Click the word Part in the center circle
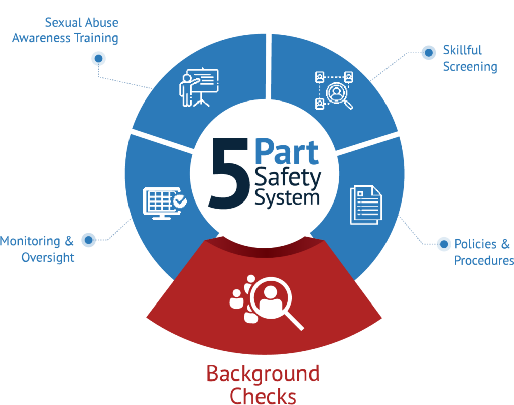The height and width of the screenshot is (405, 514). point(287,152)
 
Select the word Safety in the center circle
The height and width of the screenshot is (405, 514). point(288,178)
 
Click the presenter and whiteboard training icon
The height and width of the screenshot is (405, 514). point(199,88)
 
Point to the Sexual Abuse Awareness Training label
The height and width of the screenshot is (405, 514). point(65,30)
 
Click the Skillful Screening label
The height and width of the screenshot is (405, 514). point(470,58)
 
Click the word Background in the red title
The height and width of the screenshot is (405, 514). point(263,374)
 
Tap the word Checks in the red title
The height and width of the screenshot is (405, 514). point(263,396)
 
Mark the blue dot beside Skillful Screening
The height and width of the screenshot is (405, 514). point(428,52)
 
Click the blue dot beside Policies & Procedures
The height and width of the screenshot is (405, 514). point(444,244)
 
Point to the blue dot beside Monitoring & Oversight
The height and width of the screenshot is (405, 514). point(89,240)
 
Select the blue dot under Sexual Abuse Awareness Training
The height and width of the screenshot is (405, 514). point(98,58)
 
